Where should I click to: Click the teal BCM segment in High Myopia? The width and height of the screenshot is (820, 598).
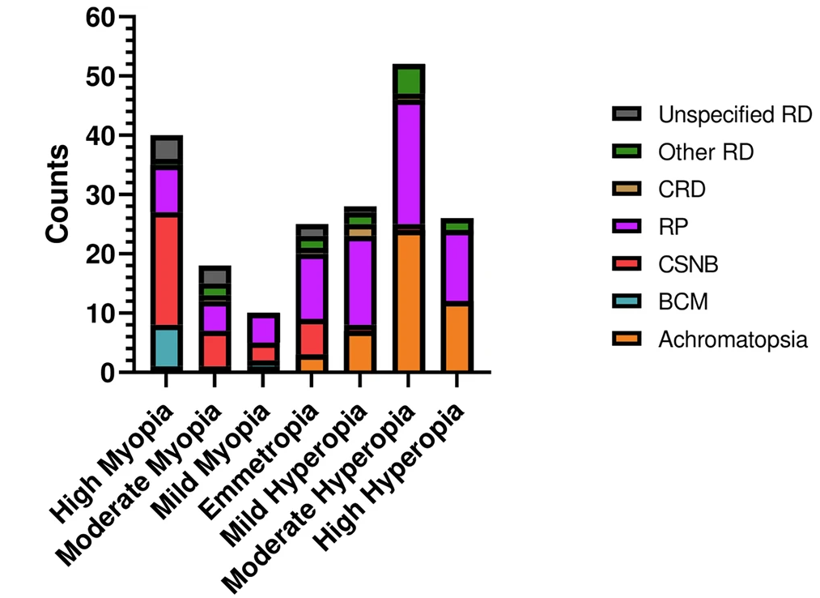pyautogui.click(x=166, y=347)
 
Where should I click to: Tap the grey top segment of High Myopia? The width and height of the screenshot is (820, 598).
pyautogui.click(x=166, y=148)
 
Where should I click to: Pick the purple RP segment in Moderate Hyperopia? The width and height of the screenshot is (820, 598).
pyautogui.click(x=409, y=162)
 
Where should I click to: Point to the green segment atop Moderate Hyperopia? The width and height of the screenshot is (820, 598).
pyautogui.click(x=409, y=81)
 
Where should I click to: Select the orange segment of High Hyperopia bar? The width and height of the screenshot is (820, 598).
pyautogui.click(x=457, y=336)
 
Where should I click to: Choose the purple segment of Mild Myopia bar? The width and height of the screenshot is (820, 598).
pyautogui.click(x=263, y=329)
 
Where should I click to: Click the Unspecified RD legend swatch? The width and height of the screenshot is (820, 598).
pyautogui.click(x=627, y=114)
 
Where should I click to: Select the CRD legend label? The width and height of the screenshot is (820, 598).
pyautogui.click(x=682, y=190)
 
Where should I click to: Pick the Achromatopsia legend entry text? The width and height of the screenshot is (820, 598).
pyautogui.click(x=733, y=340)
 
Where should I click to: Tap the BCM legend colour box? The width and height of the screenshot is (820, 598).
pyautogui.click(x=627, y=302)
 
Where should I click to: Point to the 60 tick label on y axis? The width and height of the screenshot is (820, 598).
pyautogui.click(x=103, y=17)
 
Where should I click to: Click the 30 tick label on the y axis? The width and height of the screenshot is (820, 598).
pyautogui.click(x=103, y=194)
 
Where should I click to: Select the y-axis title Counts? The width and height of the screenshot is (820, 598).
pyautogui.click(x=57, y=194)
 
